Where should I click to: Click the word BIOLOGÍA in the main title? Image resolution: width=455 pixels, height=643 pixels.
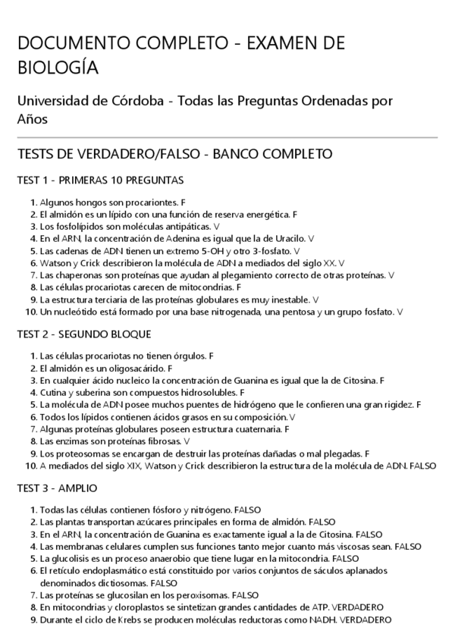[58, 68]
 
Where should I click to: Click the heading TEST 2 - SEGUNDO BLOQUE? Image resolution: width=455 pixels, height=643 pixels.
[84, 334]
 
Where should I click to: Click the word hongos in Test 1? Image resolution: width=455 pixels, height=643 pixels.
[91, 203]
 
